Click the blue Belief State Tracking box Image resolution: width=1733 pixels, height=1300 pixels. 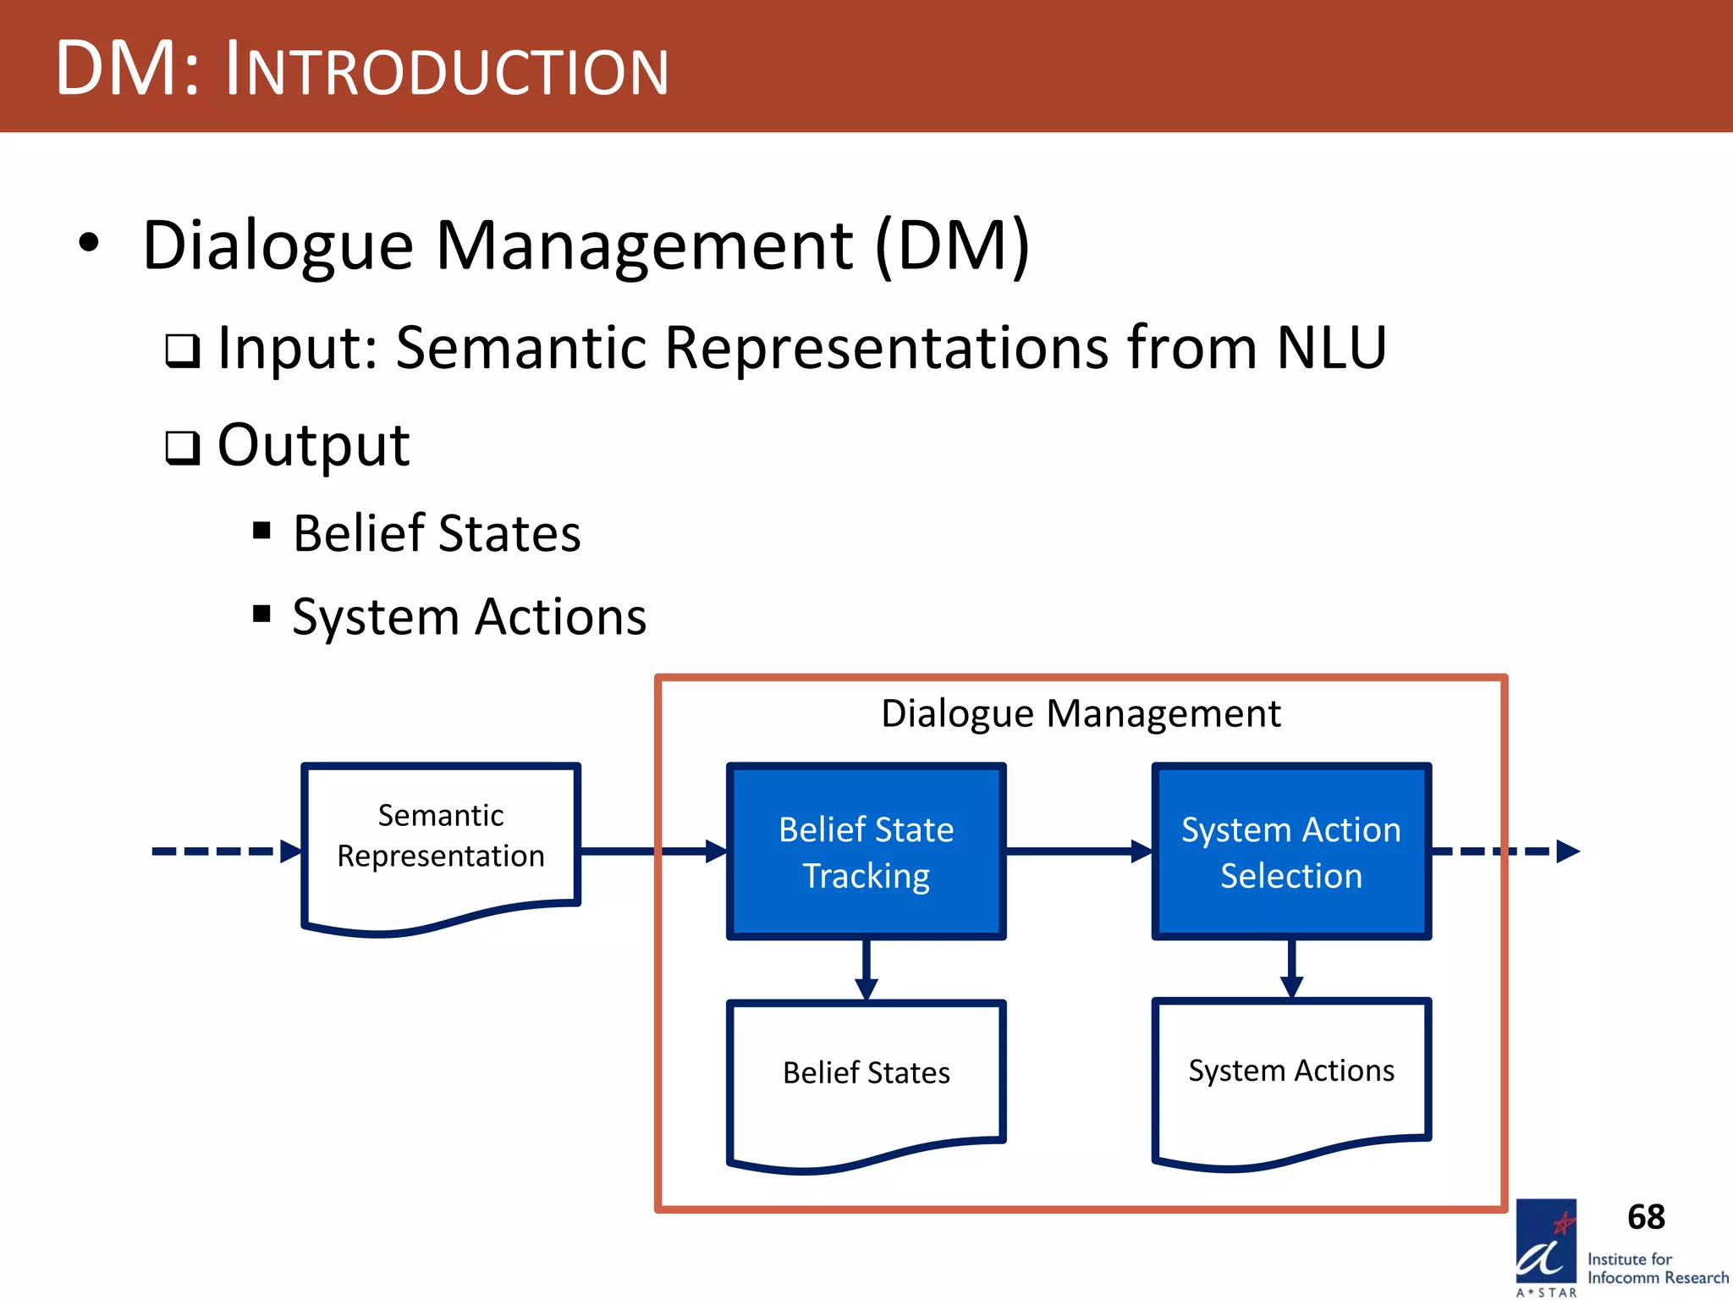pyautogui.click(x=866, y=851)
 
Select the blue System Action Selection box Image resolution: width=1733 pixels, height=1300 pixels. pyautogui.click(x=1290, y=851)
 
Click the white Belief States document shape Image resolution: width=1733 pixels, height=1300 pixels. pyautogui.click(x=866, y=1075)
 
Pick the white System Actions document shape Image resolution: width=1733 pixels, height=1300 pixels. pyautogui.click(x=1290, y=1073)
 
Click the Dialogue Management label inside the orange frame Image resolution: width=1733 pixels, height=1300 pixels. pyautogui.click(x=1081, y=713)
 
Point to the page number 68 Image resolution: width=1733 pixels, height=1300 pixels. pyautogui.click(x=1645, y=1217)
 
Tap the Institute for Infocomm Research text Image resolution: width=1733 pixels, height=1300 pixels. pyautogui.click(x=1656, y=1268)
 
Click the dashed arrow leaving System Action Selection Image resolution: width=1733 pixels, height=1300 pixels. pyautogui.click(x=1506, y=851)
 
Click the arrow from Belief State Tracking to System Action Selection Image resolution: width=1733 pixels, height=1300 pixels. pyautogui.click(x=1079, y=851)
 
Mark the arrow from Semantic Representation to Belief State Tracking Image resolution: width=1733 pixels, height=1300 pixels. pyautogui.click(x=652, y=851)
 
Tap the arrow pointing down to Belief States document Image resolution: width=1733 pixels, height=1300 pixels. pyautogui.click(x=866, y=969)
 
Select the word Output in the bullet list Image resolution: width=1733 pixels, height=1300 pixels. pyautogui.click(x=313, y=445)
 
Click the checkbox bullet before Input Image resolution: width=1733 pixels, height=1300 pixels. pyautogui.click(x=182, y=350)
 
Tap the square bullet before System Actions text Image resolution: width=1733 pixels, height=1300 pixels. pyautogui.click(x=261, y=613)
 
